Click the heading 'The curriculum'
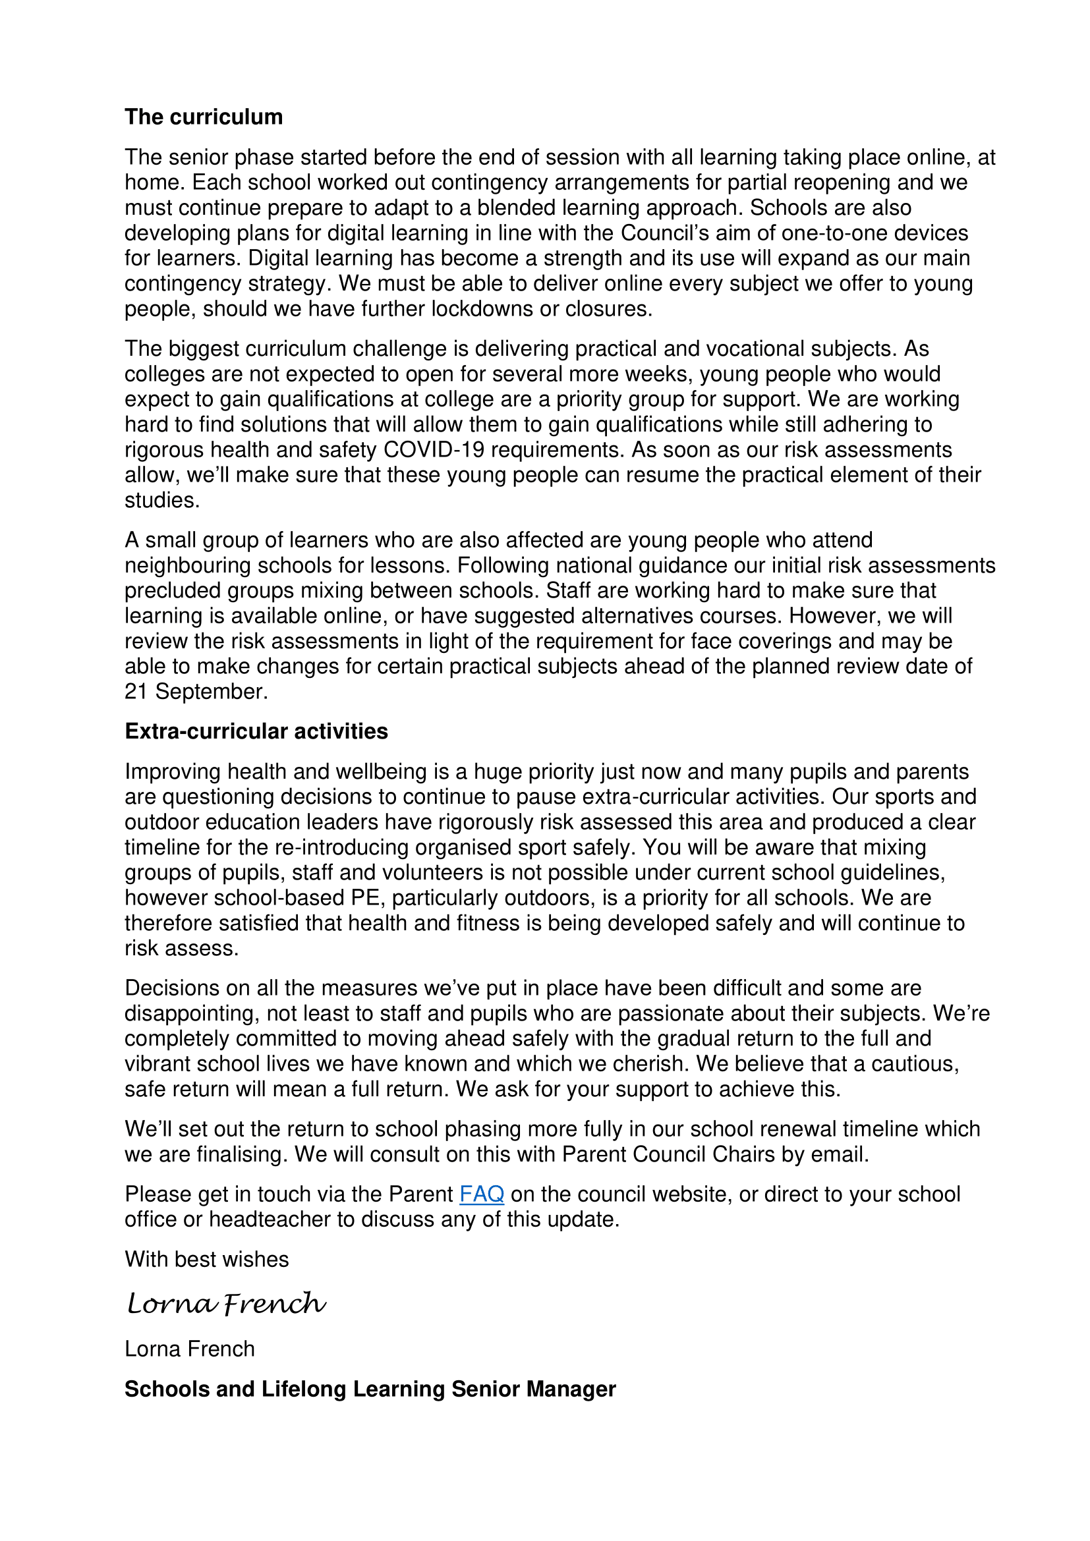coord(204,117)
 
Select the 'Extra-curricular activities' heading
coord(256,731)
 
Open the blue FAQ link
coord(481,1194)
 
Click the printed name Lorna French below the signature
coord(190,1349)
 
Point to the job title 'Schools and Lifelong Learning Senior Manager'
coord(370,1389)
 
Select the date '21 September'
coord(195,691)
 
